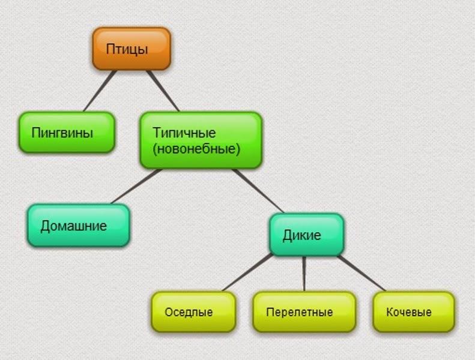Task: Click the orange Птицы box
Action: (132, 49)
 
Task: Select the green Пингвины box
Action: (67, 133)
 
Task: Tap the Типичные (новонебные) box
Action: (201, 140)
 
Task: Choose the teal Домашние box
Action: (79, 226)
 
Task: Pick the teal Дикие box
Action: (307, 235)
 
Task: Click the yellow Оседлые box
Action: (193, 311)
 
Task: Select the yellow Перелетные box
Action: (304, 311)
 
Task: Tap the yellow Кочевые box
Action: (414, 311)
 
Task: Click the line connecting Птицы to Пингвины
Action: (100, 91)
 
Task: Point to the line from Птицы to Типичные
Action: (163, 91)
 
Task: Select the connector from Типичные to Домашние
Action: (136, 187)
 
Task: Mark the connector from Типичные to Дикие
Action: (258, 191)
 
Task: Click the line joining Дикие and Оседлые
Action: (248, 273)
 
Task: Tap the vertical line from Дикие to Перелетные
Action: (304, 274)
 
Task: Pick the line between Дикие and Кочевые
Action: (362, 274)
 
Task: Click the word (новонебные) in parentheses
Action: (196, 149)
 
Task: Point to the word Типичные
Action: (184, 133)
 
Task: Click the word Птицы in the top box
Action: (127, 49)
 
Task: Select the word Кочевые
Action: (409, 312)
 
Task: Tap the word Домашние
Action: (74, 226)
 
